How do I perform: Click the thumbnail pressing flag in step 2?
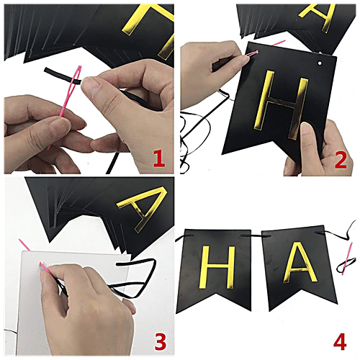306,130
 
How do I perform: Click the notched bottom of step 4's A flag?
295,301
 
